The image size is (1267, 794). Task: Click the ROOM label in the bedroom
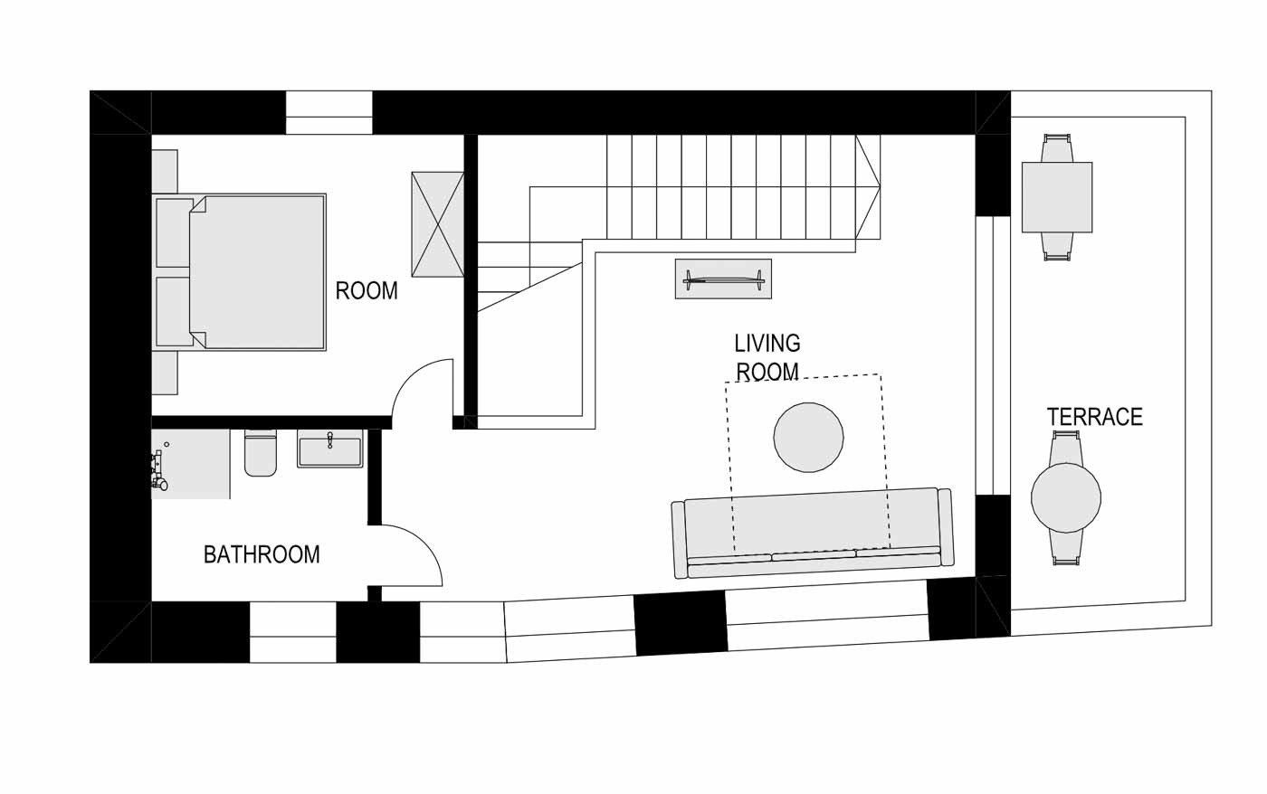367,291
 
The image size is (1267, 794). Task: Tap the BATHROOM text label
262,555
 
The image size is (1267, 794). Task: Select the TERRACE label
1094,417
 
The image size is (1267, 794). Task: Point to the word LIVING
767,343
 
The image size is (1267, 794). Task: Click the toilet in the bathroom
261,453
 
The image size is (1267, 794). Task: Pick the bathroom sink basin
329,449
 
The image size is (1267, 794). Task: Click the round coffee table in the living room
808,437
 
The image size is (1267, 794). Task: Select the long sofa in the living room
813,533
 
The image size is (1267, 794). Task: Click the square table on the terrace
1057,197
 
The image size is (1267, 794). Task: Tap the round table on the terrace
1066,498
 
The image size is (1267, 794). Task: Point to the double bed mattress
257,272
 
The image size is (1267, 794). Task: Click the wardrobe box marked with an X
437,224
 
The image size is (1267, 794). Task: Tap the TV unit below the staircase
723,279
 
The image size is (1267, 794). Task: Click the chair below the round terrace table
1066,548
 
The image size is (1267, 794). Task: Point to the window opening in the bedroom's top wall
329,112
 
